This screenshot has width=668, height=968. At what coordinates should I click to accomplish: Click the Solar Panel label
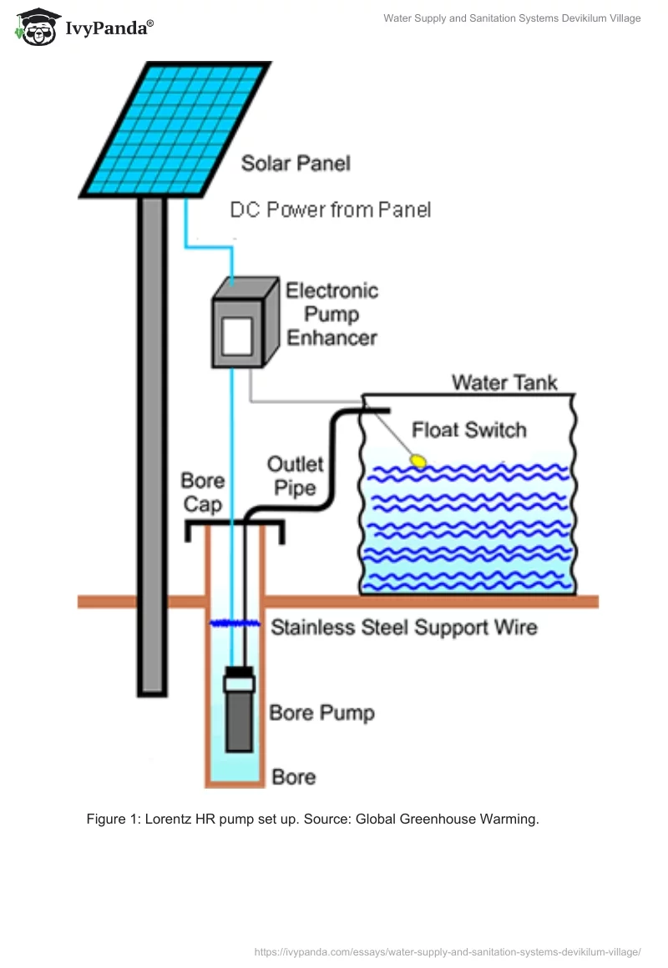296,163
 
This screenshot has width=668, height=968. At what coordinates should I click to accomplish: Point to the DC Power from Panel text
331,209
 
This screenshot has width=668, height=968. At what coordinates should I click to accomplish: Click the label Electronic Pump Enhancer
331,314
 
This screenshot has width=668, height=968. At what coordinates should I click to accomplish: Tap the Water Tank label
504,382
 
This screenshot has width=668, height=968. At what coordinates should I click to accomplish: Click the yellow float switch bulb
417,459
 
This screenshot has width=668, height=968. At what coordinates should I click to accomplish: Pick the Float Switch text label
469,431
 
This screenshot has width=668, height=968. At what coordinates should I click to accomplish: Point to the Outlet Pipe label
295,475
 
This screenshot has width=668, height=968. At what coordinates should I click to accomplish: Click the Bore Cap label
202,492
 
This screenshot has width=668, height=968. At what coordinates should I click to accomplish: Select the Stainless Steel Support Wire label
403,627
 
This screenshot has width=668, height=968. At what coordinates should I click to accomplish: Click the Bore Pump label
321,713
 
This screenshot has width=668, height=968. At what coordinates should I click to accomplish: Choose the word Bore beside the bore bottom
293,777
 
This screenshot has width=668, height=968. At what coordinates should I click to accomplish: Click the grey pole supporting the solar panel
152,442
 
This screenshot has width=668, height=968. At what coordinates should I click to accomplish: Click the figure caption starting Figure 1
312,819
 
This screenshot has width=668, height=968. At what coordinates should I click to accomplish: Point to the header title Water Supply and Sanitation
512,18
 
